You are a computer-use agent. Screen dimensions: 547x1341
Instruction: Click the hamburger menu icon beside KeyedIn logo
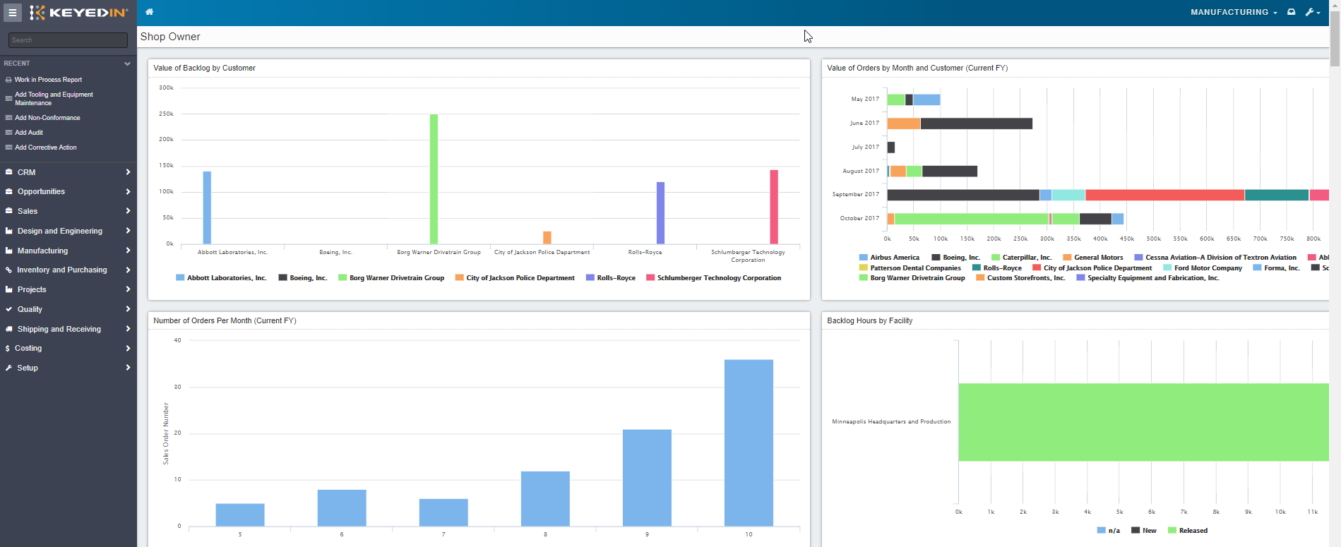[13, 13]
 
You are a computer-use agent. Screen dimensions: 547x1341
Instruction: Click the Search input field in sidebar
[68, 40]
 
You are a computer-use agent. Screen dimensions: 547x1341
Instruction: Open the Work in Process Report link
[48, 80]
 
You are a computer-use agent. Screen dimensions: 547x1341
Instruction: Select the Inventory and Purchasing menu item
[62, 270]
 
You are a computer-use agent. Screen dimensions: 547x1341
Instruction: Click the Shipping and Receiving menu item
[59, 329]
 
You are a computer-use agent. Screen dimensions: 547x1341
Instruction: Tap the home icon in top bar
[149, 12]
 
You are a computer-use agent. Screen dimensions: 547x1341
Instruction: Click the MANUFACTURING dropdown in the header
[1233, 12]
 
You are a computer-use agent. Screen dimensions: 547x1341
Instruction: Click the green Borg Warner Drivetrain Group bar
[434, 179]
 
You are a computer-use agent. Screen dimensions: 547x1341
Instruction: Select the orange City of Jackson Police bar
[547, 237]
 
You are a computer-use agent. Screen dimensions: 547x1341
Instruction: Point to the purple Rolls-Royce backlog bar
[660, 212]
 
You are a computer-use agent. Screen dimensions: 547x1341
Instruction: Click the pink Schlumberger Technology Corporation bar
[774, 207]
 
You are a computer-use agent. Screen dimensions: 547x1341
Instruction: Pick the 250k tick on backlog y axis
[166, 114]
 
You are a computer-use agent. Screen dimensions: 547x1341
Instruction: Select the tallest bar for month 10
[749, 443]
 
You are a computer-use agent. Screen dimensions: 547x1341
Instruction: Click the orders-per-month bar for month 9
[647, 477]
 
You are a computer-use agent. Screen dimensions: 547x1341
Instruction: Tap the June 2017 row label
[864, 123]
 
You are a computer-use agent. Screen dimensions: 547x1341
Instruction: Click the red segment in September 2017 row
[1164, 195]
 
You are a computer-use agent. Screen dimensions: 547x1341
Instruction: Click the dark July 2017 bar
[891, 148]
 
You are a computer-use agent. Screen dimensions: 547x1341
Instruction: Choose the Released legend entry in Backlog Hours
[1193, 531]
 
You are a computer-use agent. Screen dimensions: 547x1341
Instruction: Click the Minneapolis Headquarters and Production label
[891, 421]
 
